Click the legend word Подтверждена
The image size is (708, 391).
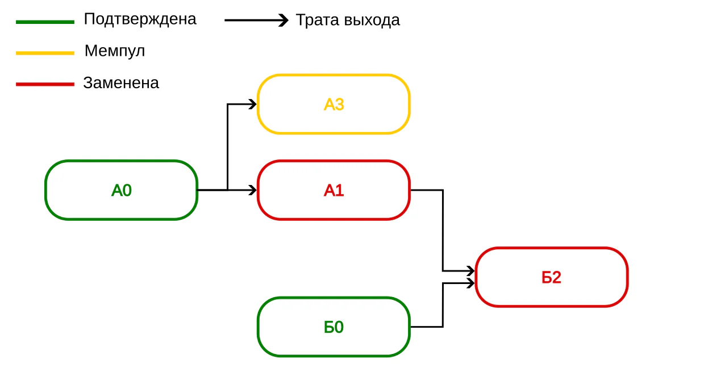click(x=140, y=19)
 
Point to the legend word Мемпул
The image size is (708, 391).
click(x=115, y=51)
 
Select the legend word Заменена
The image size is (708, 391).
click(x=121, y=83)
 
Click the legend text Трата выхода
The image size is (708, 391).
click(x=348, y=20)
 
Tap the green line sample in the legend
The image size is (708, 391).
click(x=45, y=22)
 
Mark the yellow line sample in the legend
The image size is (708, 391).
click(x=45, y=53)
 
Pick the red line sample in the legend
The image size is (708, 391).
click(x=45, y=84)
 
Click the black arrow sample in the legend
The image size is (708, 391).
click(x=256, y=20)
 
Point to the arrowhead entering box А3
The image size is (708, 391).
click(x=253, y=104)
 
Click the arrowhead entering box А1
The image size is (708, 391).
click(x=253, y=190)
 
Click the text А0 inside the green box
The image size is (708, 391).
click(x=122, y=191)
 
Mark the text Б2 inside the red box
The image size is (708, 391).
click(x=552, y=277)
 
